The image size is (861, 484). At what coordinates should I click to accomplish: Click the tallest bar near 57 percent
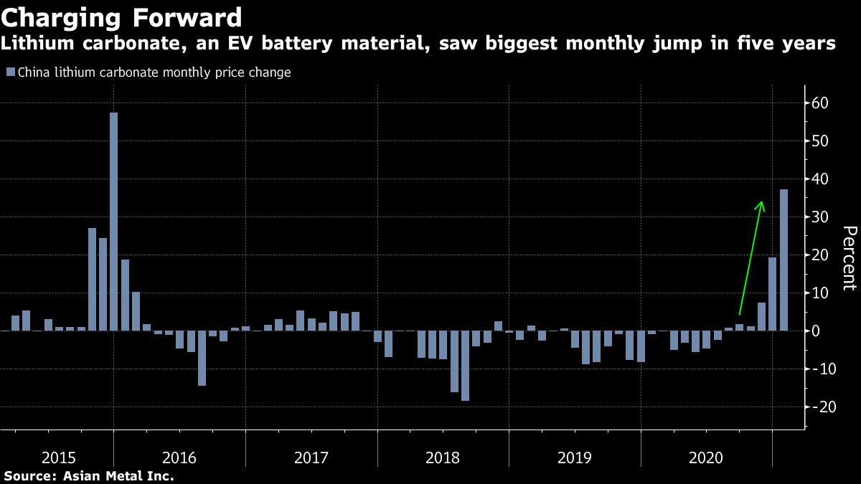(x=114, y=222)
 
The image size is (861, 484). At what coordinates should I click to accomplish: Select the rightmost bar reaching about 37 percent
(x=784, y=260)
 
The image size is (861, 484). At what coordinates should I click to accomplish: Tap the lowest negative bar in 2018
(x=465, y=366)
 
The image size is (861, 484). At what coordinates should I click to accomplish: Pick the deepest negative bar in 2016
(x=202, y=358)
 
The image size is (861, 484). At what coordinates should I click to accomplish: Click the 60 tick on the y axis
(x=820, y=103)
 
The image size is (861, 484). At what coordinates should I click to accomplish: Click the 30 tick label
(x=820, y=217)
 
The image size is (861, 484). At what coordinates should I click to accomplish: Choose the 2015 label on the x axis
(x=60, y=457)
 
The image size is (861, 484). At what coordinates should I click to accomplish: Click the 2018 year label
(x=443, y=457)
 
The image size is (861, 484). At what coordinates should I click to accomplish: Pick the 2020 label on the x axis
(x=706, y=457)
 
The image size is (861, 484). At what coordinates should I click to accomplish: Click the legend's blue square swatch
(x=10, y=72)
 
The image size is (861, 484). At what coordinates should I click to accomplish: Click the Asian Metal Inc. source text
(x=119, y=475)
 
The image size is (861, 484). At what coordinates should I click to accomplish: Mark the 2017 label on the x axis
(x=311, y=457)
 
